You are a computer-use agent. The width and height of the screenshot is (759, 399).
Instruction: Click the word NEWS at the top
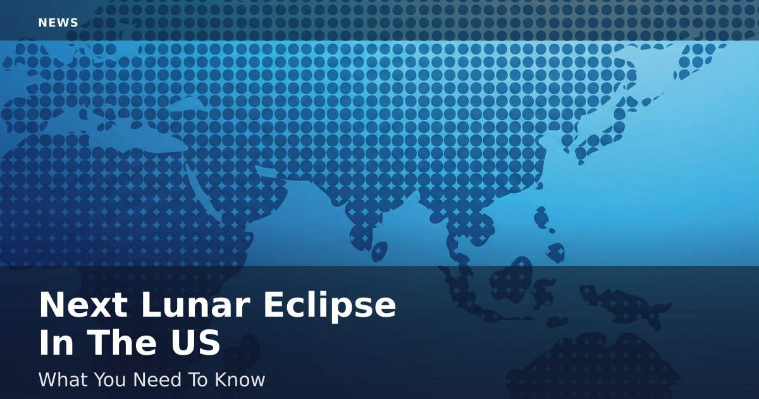pos(58,23)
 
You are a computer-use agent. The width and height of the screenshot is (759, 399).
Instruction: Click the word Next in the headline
pos(83,305)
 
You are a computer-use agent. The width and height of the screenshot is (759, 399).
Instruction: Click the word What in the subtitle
pos(64,379)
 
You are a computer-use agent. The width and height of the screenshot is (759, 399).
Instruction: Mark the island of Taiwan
pos(541,217)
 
